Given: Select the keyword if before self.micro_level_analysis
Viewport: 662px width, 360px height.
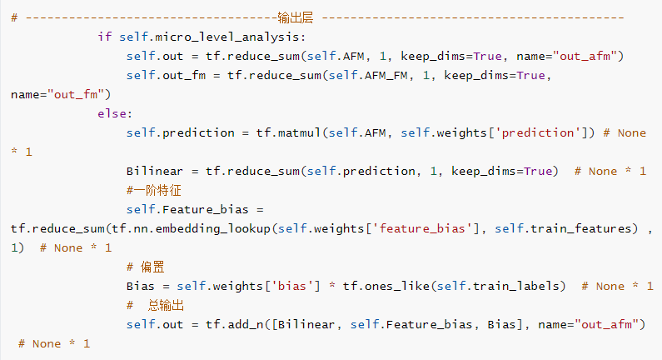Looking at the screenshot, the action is (104, 37).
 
